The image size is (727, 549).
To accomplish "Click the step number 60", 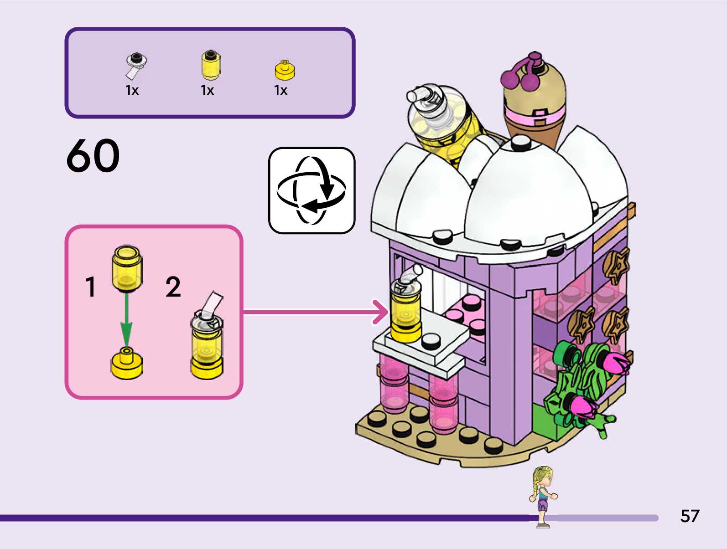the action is (93, 156).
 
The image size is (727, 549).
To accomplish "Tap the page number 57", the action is (689, 516).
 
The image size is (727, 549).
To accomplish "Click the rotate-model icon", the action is (312, 190).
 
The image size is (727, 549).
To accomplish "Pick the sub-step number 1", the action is (91, 287).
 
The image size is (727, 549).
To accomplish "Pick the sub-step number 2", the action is (173, 287).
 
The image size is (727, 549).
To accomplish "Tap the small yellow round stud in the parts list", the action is (285, 69).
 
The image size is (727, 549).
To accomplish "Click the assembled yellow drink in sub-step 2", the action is (207, 339).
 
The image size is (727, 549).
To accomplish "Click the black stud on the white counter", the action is (431, 340).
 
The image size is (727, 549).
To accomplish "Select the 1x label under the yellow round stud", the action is (280, 90).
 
